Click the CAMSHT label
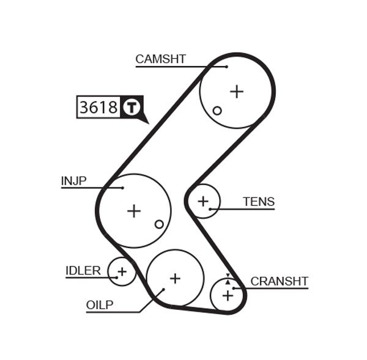coord(160,59)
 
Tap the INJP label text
coord(73,181)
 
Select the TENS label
coord(259,202)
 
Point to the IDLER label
coord(83,271)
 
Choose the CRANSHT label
coord(280,281)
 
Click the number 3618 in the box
coord(98,108)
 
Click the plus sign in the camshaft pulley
coord(237,92)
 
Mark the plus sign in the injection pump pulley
coord(134,211)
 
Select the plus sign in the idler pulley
coord(122,271)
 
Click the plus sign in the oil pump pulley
coord(175,278)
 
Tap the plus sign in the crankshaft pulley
coord(228,296)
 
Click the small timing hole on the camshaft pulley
coord(217,111)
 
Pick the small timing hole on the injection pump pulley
coord(159,224)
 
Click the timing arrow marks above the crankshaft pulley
coord(228,279)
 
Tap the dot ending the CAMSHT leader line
coord(226,67)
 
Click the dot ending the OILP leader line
coord(163,290)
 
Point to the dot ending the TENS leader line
coord(210,209)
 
